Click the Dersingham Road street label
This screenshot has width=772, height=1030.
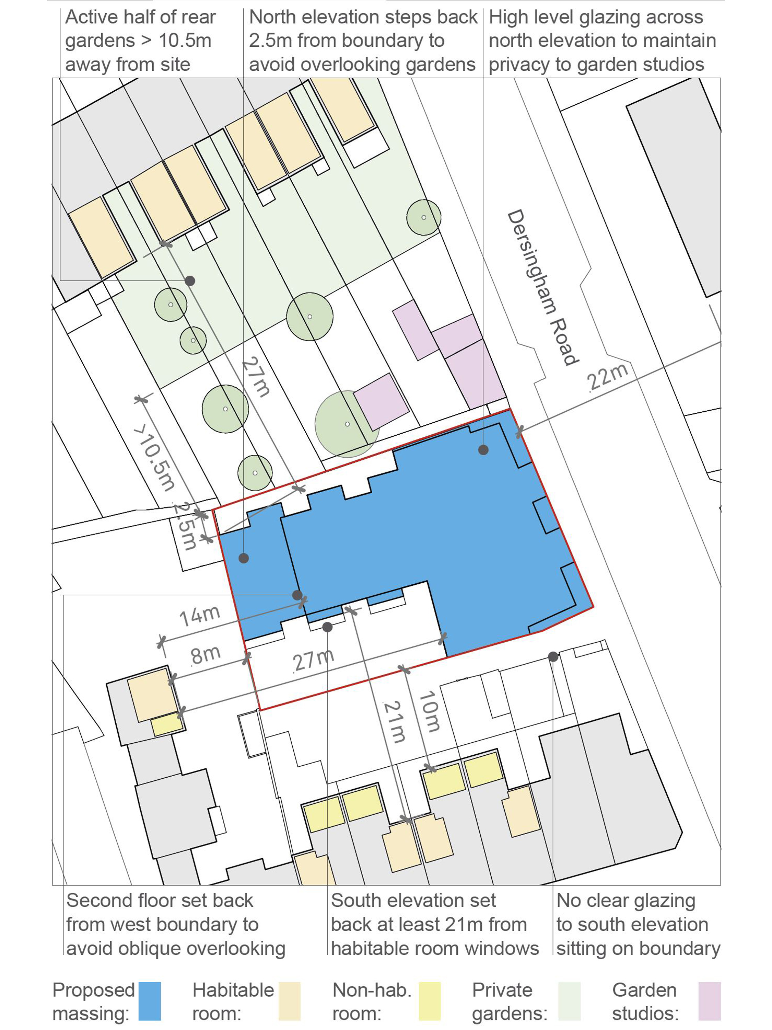tap(542, 287)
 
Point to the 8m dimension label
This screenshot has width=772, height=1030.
tap(205, 655)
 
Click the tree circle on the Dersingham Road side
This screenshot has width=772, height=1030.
tap(423, 217)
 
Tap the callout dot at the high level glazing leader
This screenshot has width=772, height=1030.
tap(483, 450)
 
